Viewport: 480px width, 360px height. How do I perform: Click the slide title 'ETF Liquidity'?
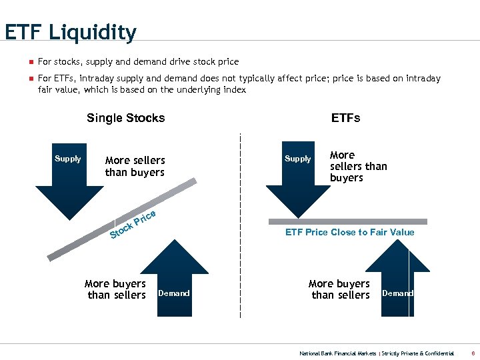tap(70, 33)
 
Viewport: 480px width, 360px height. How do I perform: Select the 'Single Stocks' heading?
tap(125, 118)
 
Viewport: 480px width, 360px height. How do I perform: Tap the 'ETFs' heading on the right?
tap(345, 118)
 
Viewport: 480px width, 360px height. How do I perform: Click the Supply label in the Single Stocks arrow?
tap(67, 159)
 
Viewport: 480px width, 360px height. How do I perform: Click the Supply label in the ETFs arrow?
tap(297, 159)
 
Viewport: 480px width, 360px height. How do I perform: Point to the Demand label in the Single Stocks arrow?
tap(173, 293)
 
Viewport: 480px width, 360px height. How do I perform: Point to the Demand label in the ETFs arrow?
tap(397, 293)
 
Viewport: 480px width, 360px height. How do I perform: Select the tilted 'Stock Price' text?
tap(133, 224)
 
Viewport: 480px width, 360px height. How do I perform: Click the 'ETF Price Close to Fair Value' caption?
tap(349, 232)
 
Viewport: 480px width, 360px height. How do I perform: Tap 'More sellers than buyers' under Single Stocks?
tap(135, 166)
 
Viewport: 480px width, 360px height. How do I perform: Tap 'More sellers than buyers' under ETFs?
tap(358, 166)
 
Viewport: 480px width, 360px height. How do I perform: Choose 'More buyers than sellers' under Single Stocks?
tap(115, 289)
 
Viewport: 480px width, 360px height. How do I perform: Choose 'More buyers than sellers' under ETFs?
tap(339, 289)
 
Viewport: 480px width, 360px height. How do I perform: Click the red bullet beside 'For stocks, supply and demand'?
tap(30, 62)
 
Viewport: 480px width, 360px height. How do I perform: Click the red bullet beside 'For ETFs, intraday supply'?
tap(30, 79)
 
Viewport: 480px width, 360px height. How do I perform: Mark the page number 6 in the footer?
tap(473, 353)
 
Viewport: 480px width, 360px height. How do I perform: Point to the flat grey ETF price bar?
tap(347, 221)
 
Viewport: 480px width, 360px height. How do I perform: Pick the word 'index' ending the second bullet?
tap(234, 89)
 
